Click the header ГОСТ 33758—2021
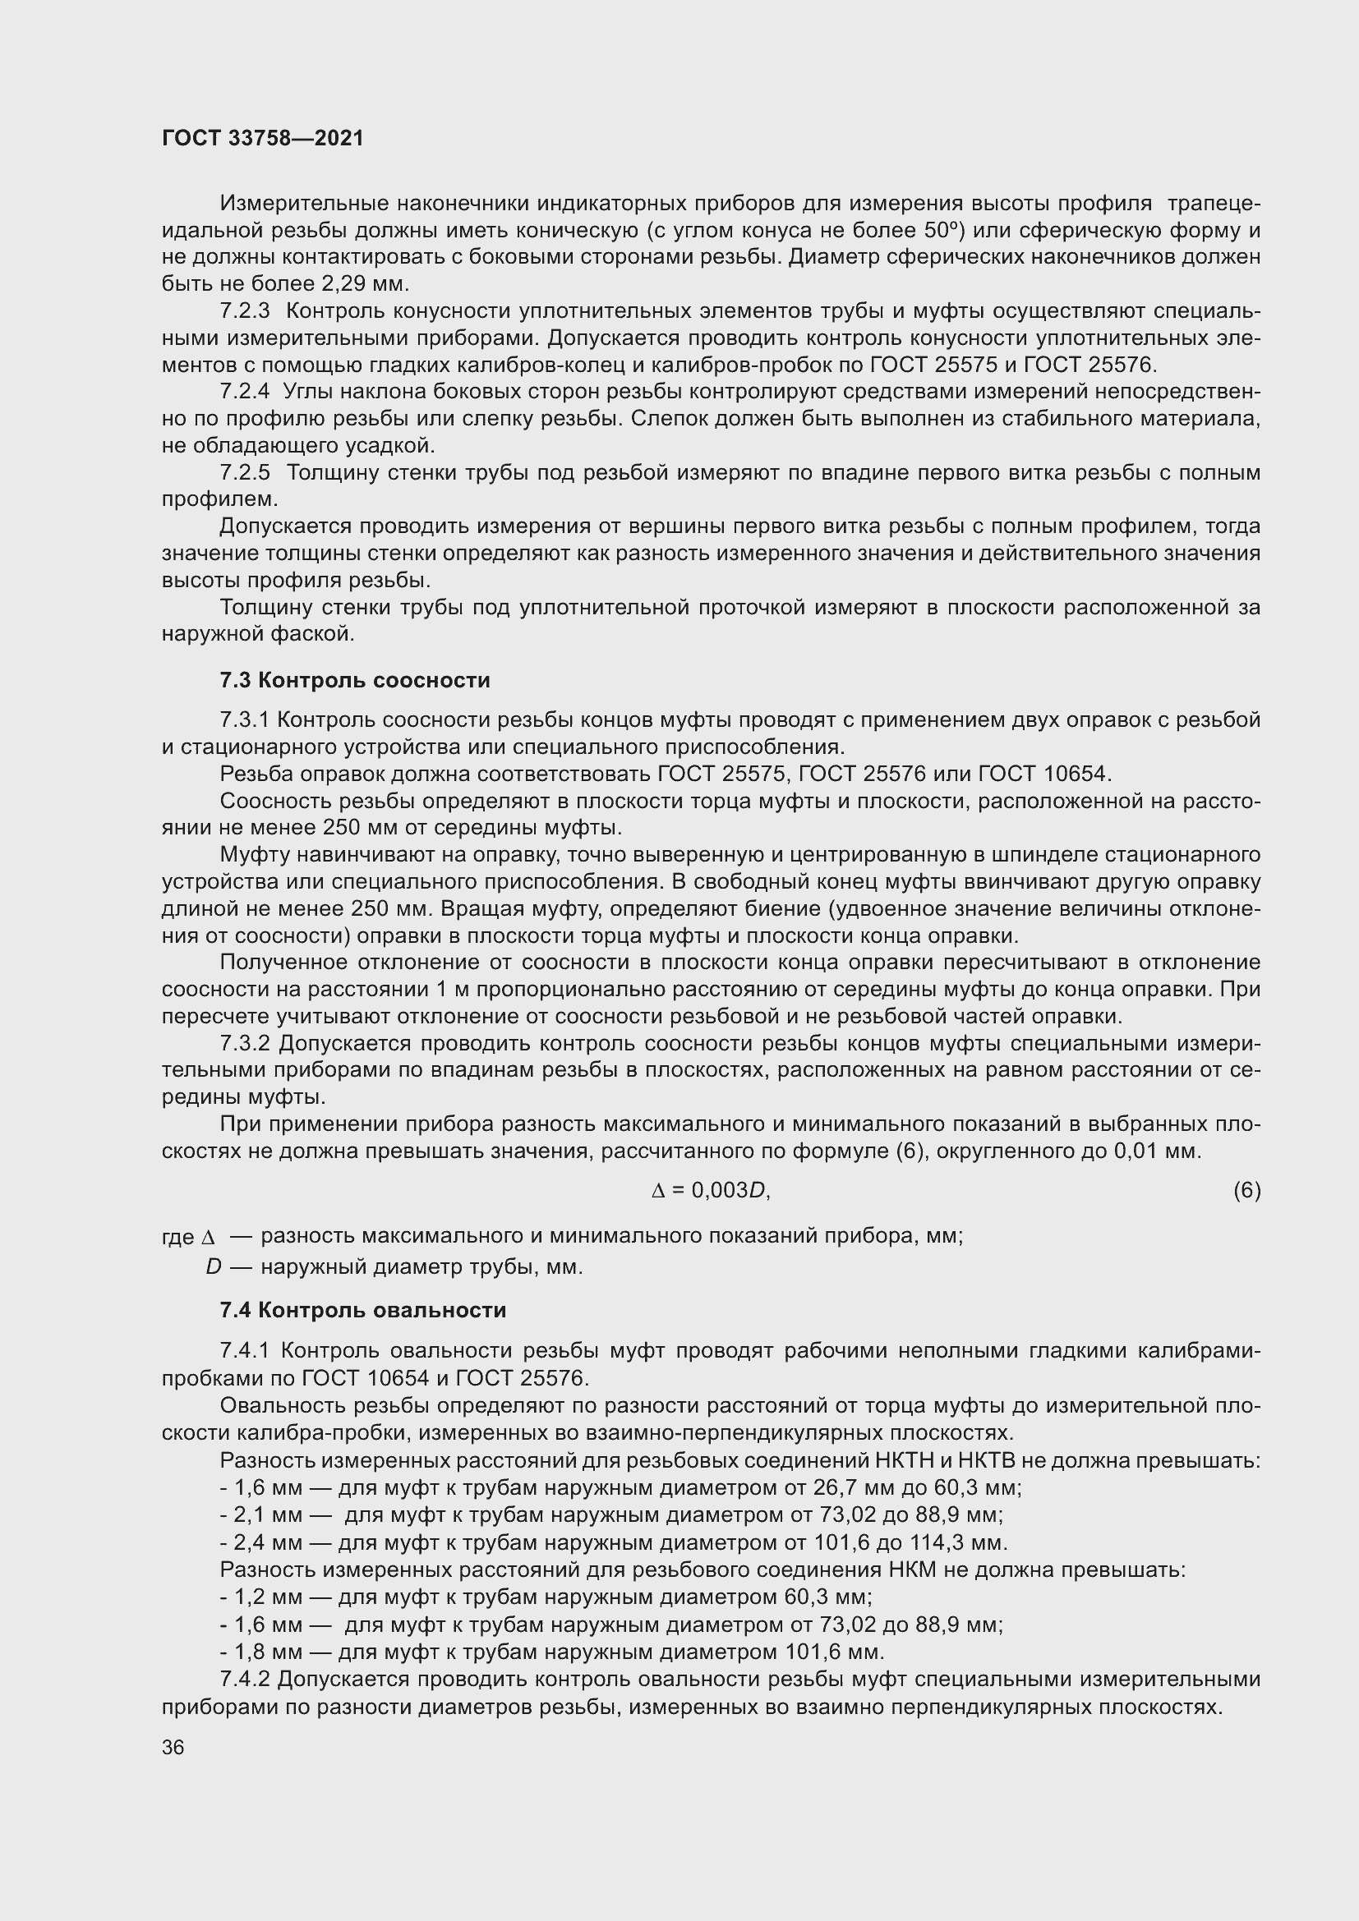click(x=263, y=138)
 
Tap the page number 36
click(x=173, y=1748)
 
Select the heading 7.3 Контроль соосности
click(x=355, y=680)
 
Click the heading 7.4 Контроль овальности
click(x=363, y=1310)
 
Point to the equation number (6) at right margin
click(x=1246, y=1190)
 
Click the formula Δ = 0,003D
click(x=710, y=1190)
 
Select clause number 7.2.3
click(x=245, y=311)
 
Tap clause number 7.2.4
click(x=245, y=392)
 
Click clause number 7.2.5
click(x=245, y=473)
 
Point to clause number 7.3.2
click(x=245, y=1043)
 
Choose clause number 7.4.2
click(x=245, y=1680)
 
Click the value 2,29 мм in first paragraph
click(x=360, y=283)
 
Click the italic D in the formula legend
click(x=214, y=1267)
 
